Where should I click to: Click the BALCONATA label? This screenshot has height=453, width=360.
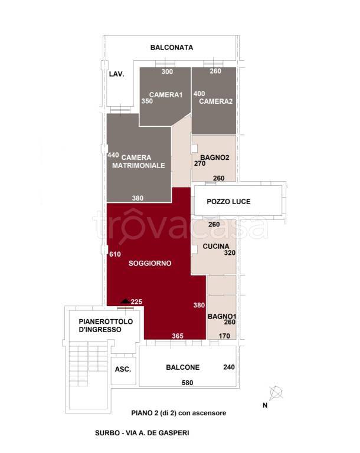point(172,47)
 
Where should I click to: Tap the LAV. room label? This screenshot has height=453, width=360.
point(116,74)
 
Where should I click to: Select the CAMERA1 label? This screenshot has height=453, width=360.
point(166,94)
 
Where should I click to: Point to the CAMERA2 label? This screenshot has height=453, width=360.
point(216,101)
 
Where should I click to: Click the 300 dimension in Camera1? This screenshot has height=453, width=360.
point(167,71)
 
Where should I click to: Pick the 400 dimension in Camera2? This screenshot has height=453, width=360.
point(199,94)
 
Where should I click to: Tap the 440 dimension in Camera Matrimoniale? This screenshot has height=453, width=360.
point(113,155)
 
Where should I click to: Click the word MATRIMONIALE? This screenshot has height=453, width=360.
point(139,166)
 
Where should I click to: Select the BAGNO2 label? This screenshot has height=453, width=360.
point(215,157)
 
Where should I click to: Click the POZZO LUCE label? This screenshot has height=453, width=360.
point(229,202)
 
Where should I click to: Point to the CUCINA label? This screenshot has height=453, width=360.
point(216,247)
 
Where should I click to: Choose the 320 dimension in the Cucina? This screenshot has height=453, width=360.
point(230,253)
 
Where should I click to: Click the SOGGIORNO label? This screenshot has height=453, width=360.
point(150,263)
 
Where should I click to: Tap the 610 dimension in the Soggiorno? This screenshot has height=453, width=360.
point(115,254)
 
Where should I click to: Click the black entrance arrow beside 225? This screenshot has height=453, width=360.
point(125,301)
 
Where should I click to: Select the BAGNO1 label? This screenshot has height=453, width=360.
point(222,316)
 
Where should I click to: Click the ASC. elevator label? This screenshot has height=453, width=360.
point(123,369)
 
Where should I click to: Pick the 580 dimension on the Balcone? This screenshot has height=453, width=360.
point(187,383)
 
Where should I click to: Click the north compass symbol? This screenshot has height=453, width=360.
point(276,393)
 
